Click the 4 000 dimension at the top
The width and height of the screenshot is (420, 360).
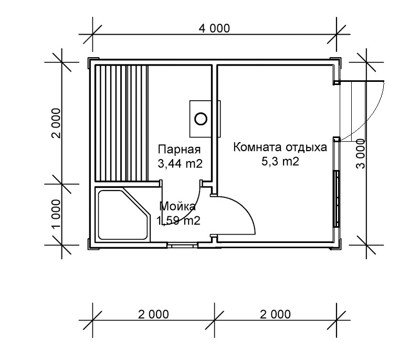click(214, 28)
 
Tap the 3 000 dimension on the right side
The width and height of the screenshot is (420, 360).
click(361, 154)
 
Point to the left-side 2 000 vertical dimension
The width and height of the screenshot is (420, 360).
click(56, 123)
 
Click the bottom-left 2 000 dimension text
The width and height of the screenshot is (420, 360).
click(153, 314)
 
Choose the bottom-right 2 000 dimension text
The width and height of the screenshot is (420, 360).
click(275, 314)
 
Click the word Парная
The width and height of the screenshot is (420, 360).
click(179, 149)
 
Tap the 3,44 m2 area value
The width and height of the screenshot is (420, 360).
click(180, 164)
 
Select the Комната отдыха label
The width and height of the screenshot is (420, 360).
click(280, 147)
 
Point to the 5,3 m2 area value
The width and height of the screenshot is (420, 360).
click(280, 162)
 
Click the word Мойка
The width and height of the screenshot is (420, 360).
click(177, 206)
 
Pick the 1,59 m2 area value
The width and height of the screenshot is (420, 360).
click(178, 221)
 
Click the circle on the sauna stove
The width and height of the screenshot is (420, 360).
click(201, 119)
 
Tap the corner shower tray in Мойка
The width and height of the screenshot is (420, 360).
click(123, 215)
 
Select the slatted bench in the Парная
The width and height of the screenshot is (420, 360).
click(121, 123)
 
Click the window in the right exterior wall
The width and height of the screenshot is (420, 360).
click(337, 199)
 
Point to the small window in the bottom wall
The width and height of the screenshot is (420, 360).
click(182, 245)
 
